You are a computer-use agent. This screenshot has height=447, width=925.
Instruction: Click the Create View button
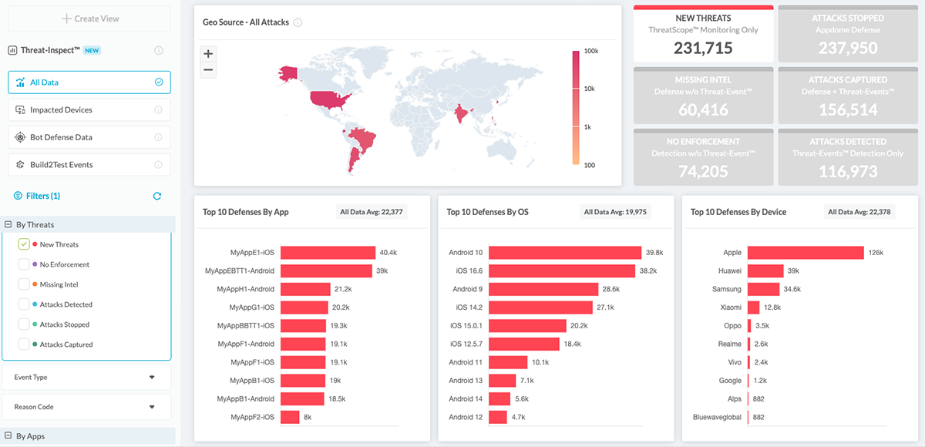[x=89, y=18]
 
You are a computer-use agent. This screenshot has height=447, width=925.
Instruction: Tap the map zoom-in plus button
[x=207, y=54]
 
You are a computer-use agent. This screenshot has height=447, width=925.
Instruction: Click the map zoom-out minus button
[x=207, y=70]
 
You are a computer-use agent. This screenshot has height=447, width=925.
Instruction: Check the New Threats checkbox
[x=25, y=244]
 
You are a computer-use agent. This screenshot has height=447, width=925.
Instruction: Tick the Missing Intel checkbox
[x=25, y=284]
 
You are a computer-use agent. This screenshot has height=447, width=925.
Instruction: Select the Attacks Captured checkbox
[x=25, y=344]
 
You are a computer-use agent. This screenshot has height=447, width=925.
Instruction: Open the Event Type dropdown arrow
[x=152, y=378]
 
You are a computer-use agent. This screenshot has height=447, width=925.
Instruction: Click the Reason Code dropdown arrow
[x=152, y=407]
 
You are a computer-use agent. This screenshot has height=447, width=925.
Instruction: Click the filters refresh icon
[x=157, y=197]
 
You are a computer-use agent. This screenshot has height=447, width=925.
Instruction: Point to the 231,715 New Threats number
[x=703, y=48]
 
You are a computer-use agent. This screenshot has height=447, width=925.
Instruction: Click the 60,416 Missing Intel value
[x=703, y=110]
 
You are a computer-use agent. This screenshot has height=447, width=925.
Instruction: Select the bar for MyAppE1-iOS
[x=328, y=253]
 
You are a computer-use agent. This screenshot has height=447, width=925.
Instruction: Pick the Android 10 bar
[x=565, y=253]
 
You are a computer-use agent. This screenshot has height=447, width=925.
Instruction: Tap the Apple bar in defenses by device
[x=806, y=253]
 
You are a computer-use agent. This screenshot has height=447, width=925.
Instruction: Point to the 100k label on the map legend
[x=591, y=52]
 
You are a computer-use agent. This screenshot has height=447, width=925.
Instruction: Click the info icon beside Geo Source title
[x=298, y=23]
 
